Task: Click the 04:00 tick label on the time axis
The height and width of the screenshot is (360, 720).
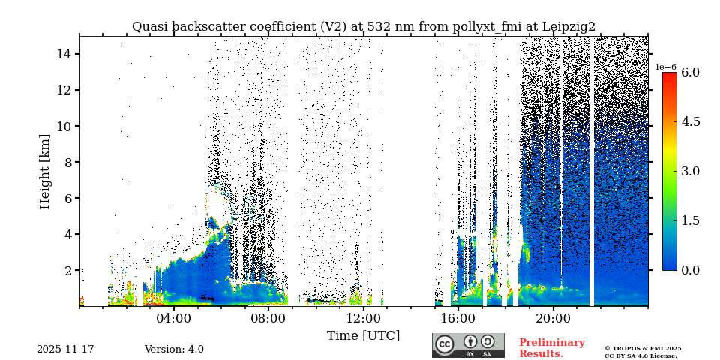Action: pyautogui.click(x=174, y=318)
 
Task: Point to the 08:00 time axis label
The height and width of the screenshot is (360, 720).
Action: pyautogui.click(x=268, y=318)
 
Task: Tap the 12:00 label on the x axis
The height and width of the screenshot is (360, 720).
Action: pyautogui.click(x=363, y=318)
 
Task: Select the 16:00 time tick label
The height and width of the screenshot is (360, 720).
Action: pyautogui.click(x=458, y=318)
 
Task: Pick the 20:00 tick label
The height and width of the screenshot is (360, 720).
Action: pyautogui.click(x=553, y=318)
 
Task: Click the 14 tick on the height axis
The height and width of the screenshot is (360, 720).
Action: pyautogui.click(x=63, y=54)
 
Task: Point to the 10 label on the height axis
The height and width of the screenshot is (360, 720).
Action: pyautogui.click(x=63, y=126)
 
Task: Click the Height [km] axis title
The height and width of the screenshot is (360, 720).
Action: pyautogui.click(x=45, y=171)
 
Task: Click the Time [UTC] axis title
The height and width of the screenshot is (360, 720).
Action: pyautogui.click(x=363, y=335)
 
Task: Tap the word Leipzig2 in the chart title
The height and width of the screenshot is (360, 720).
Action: pyautogui.click(x=565, y=27)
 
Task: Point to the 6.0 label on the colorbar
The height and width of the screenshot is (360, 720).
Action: pyautogui.click(x=691, y=73)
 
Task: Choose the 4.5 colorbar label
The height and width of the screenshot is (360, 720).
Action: pyautogui.click(x=691, y=121)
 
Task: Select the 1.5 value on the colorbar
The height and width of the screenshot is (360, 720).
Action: pyautogui.click(x=691, y=220)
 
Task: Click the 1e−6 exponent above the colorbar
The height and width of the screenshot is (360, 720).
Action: pyautogui.click(x=666, y=67)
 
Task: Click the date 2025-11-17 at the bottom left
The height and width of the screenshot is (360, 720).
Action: pyautogui.click(x=65, y=349)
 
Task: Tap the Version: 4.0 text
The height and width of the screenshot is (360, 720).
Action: pyautogui.click(x=174, y=349)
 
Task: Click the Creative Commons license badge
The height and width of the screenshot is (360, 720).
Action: pyautogui.click(x=468, y=345)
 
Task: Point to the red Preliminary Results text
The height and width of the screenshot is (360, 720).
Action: pyautogui.click(x=551, y=348)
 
